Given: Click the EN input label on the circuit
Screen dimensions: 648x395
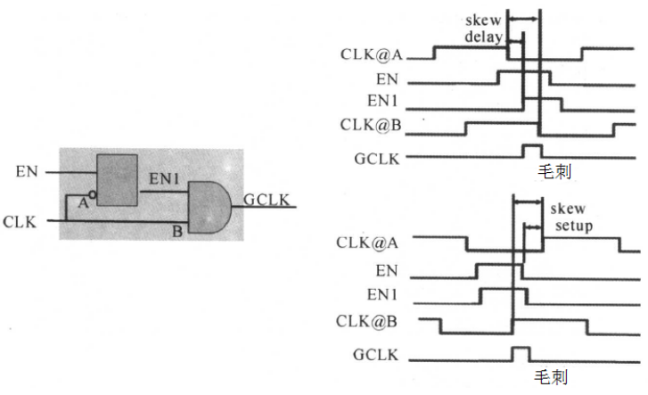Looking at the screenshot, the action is click(27, 171).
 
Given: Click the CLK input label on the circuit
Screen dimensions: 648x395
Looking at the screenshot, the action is click(20, 222).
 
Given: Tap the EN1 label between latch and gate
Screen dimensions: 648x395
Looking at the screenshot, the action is click(164, 178).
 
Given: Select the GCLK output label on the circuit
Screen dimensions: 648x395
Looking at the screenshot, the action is click(267, 200).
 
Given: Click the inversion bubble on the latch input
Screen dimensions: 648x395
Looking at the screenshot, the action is click(93, 194).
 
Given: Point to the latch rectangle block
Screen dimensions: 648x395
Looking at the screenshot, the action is click(117, 180).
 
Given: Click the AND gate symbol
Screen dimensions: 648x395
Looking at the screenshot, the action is click(209, 207).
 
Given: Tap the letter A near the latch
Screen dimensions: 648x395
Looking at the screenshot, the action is click(83, 203).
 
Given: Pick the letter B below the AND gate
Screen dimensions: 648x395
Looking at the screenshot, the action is click(177, 231).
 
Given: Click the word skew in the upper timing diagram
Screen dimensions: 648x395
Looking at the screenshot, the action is click(483, 20).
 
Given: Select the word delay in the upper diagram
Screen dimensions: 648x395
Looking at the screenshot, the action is click(484, 37).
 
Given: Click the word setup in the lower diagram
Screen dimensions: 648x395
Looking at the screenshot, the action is click(574, 226).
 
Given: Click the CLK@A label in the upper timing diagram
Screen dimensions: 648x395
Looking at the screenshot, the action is click(371, 54).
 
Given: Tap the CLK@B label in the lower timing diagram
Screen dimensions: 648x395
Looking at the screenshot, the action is click(366, 321).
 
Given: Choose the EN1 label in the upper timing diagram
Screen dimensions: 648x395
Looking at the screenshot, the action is click(382, 101).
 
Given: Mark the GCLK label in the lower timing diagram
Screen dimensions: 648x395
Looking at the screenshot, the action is click(375, 355).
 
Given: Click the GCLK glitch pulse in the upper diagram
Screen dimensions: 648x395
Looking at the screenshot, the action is click(532, 145).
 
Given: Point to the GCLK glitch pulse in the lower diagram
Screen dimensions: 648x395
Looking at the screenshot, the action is click(521, 349).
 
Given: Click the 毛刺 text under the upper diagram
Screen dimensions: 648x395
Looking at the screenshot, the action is click(554, 171).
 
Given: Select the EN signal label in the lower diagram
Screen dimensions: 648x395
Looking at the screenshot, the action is click(387, 270).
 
